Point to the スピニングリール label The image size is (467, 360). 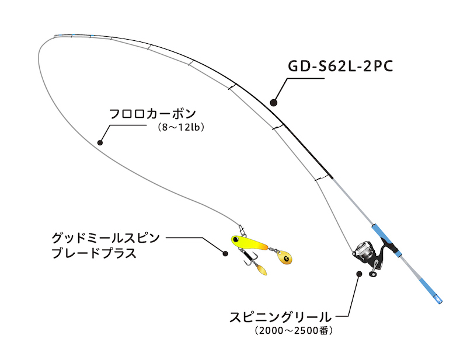pyautogui.click(x=280, y=318)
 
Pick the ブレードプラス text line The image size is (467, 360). pyautogui.click(x=93, y=253)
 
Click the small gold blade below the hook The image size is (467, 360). pyautogui.click(x=262, y=270)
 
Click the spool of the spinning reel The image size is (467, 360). pyautogui.click(x=363, y=251)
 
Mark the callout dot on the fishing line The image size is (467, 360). pyautogui.click(x=100, y=142)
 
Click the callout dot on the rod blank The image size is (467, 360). pyautogui.click(x=273, y=103)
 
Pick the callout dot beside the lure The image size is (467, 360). pyautogui.click(x=225, y=253)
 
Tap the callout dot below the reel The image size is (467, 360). pyautogui.click(x=358, y=272)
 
